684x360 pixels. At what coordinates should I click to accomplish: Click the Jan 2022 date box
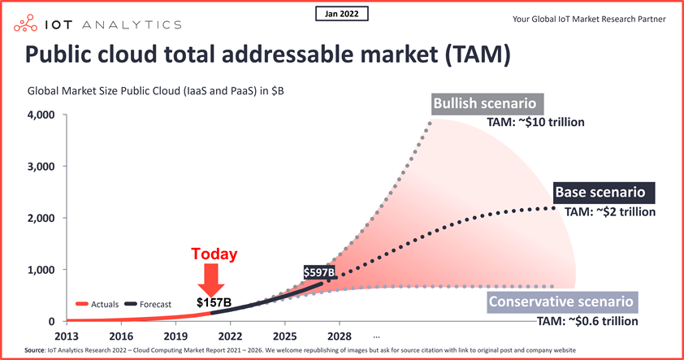point(340,14)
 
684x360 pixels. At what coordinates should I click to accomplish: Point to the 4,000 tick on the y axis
point(39,115)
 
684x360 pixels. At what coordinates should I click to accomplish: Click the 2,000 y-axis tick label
point(39,218)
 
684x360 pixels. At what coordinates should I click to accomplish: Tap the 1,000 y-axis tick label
point(39,270)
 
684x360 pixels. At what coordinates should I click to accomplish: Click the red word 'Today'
point(214,254)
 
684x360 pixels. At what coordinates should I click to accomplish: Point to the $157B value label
point(214,303)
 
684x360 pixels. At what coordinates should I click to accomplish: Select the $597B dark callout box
point(319,272)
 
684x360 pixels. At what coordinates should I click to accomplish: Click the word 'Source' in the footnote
point(34,350)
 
